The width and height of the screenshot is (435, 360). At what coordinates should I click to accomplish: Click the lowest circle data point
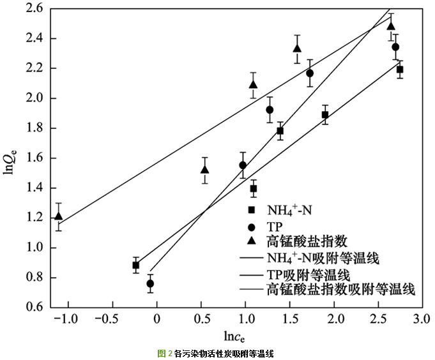(x=150, y=283)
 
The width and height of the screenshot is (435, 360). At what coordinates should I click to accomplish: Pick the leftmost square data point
(x=136, y=265)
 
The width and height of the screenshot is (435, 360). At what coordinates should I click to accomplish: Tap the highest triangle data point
(x=391, y=26)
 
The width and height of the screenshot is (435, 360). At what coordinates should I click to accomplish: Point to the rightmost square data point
(x=400, y=70)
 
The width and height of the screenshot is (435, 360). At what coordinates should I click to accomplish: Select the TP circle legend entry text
(x=275, y=226)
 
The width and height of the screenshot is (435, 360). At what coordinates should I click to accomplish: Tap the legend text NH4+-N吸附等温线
(x=323, y=259)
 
